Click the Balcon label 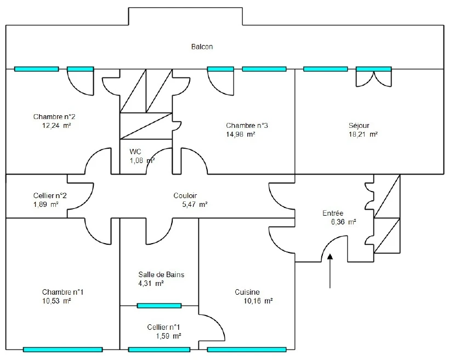click(x=202, y=47)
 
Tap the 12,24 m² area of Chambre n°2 click(x=56, y=126)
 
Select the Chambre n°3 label click(x=247, y=126)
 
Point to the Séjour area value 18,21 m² click(x=363, y=134)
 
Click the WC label click(x=135, y=152)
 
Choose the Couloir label click(x=185, y=195)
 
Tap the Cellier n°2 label click(x=50, y=195)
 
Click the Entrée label click(x=333, y=213)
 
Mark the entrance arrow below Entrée click(x=330, y=271)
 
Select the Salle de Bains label click(x=161, y=274)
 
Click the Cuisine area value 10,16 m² click(x=258, y=301)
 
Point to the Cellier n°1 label click(x=164, y=327)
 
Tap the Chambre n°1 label click(x=63, y=292)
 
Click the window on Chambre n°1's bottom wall click(x=63, y=350)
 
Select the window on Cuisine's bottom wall click(x=247, y=350)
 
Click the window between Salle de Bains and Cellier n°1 click(x=159, y=306)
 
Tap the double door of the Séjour click(x=374, y=78)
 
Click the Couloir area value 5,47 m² click(x=195, y=204)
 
